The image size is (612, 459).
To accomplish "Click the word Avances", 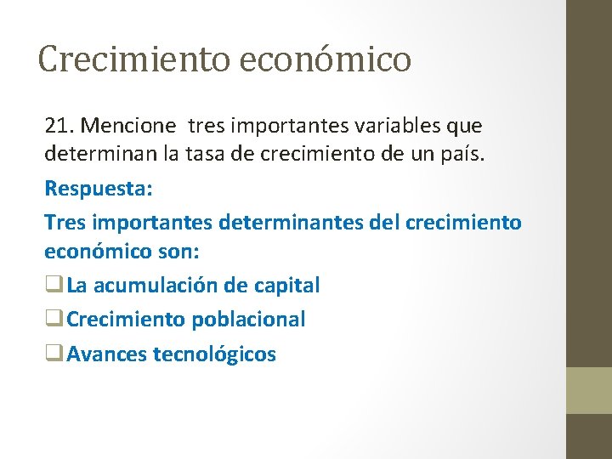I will pyautogui.click(x=106, y=354).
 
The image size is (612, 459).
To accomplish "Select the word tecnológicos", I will pyautogui.click(x=214, y=354).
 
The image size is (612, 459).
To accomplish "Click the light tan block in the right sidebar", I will pyautogui.click(x=589, y=390).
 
